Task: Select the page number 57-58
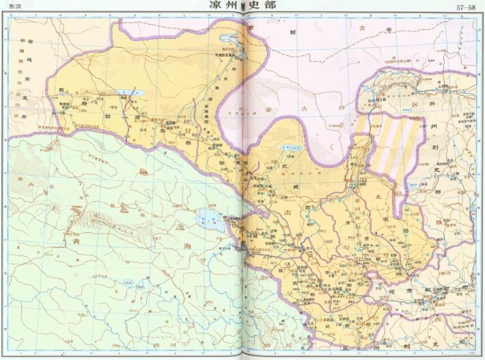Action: (467, 8)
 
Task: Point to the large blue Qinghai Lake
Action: (208, 220)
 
